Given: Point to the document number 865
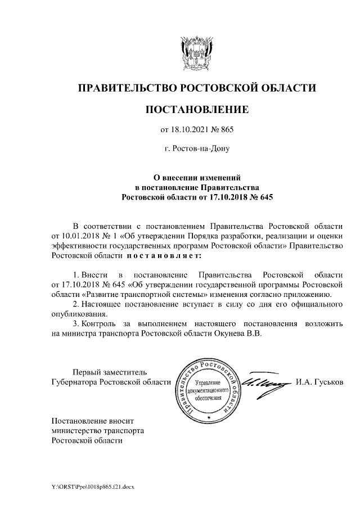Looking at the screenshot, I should pyautogui.click(x=225, y=130).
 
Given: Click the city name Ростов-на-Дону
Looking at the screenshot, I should pyautogui.click(x=197, y=150).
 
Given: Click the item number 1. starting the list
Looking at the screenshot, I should pyautogui.click(x=76, y=274).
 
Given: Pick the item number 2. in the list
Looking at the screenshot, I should pyautogui.click(x=76, y=304).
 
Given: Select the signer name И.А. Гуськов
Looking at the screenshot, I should pyautogui.click(x=319, y=382).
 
